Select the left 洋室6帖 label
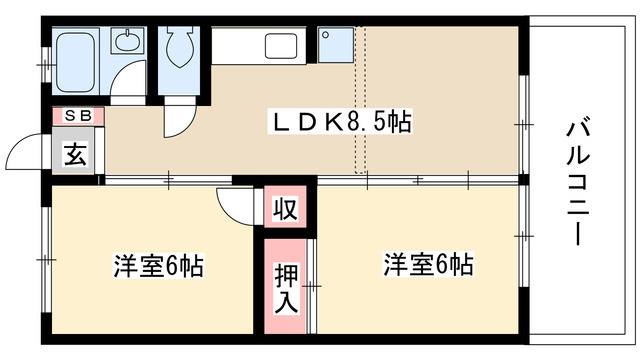[x=158, y=267]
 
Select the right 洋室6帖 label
[x=428, y=266]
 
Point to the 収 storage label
[x=287, y=211]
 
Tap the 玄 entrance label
[x=76, y=155]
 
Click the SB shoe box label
[x=78, y=115]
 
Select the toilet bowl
[x=181, y=44]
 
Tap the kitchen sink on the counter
[x=278, y=45]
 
